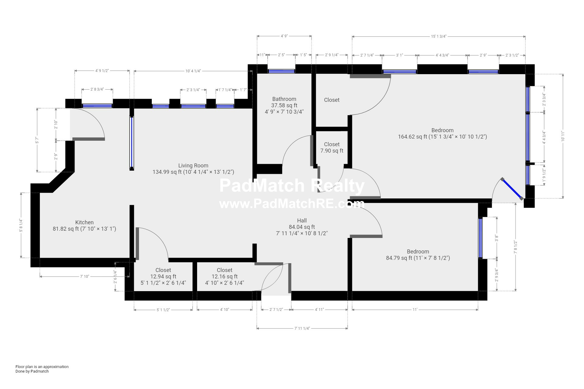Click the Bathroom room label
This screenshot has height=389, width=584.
[x=284, y=99]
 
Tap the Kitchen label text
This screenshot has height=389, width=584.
[x=84, y=223]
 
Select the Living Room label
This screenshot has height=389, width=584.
[x=193, y=166]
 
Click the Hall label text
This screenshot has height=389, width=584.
[x=302, y=221]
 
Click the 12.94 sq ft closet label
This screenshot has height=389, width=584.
[x=163, y=277]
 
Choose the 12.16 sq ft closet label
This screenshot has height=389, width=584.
[x=224, y=277]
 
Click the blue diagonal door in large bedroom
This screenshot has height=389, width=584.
[x=512, y=189]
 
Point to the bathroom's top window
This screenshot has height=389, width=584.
[x=281, y=71]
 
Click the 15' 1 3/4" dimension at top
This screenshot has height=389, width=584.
[x=438, y=36]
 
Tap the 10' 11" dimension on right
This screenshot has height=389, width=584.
[x=563, y=136]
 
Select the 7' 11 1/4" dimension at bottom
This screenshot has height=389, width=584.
[x=302, y=328]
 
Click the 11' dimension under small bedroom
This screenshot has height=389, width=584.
[x=415, y=310]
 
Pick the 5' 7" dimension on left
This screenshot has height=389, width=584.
[x=37, y=140]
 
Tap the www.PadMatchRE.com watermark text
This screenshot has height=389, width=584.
[x=291, y=204]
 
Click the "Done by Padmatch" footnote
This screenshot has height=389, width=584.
[x=32, y=371]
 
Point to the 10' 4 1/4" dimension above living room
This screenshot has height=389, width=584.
[x=193, y=71]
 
